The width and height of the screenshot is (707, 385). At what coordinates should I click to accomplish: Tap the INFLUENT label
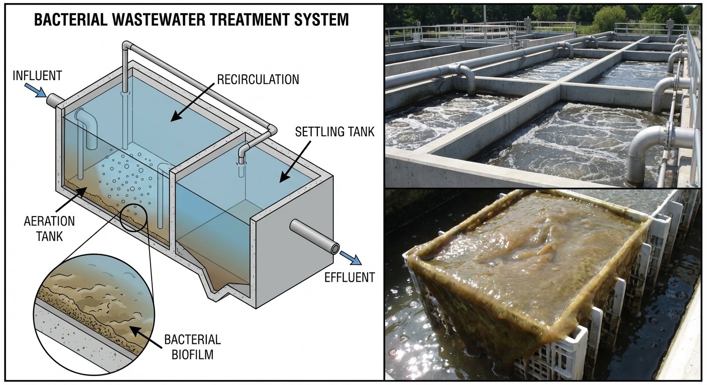(37, 76)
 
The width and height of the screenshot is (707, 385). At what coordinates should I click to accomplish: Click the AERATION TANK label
(49, 228)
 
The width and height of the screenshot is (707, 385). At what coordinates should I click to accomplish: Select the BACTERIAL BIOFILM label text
(192, 347)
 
